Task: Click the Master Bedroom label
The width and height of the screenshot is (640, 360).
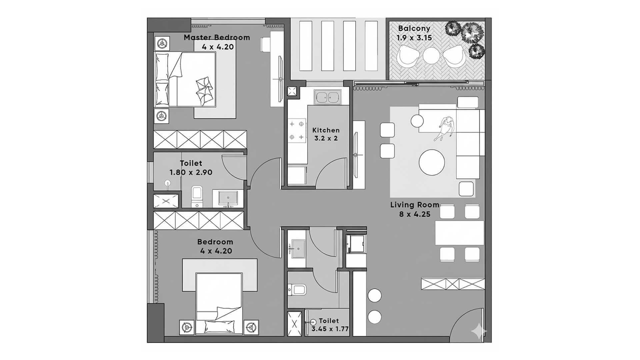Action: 217,37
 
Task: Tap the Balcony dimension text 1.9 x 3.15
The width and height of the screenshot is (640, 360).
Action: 414,38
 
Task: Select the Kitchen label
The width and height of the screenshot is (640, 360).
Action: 326,130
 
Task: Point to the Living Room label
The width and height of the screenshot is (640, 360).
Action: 415,205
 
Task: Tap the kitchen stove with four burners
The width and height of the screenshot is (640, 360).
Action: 297,130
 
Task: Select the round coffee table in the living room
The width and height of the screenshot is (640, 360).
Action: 432,162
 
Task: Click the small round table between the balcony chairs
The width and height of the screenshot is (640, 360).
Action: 431,55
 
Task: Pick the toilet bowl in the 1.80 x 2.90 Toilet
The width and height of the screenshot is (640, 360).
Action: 196,196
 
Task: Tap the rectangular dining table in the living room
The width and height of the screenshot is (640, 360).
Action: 459,233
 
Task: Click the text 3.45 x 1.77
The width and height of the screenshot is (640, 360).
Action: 330,329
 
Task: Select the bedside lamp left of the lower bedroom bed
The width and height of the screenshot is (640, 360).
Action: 187,327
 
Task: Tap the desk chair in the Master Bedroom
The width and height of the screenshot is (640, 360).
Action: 266,44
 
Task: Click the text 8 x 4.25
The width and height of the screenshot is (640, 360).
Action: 415,214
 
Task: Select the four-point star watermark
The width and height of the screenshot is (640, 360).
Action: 479,331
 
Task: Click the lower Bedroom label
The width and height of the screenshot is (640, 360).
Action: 215,242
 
